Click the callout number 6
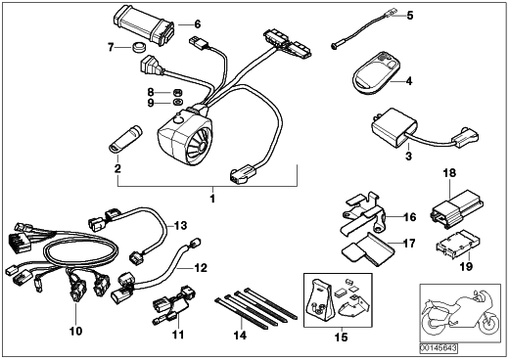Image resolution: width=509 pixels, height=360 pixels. click(197, 24)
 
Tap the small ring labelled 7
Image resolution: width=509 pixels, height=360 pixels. click(139, 47)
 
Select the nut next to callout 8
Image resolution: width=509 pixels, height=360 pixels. click(177, 92)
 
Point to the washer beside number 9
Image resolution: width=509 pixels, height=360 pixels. click(177, 103)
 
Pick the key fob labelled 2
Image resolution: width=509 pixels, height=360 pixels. click(125, 138)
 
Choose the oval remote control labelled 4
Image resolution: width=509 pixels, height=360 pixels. click(374, 73)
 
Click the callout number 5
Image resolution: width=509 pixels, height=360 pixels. click(409, 15)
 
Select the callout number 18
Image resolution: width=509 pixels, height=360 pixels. click(449, 173)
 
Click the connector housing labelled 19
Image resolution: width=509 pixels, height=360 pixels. click(457, 242)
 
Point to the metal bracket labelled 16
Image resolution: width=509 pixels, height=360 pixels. click(364, 213)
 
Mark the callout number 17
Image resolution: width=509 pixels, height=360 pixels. click(409, 244)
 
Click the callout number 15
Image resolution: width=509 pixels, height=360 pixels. click(342, 337)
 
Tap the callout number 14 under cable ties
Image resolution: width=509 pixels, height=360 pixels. click(240, 335)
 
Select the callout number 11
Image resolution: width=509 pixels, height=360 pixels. click(178, 335)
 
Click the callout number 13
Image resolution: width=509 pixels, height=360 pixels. click(180, 225)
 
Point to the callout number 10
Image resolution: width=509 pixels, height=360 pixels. click(75, 332)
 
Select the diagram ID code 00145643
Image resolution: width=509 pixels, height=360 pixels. click(439, 348)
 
